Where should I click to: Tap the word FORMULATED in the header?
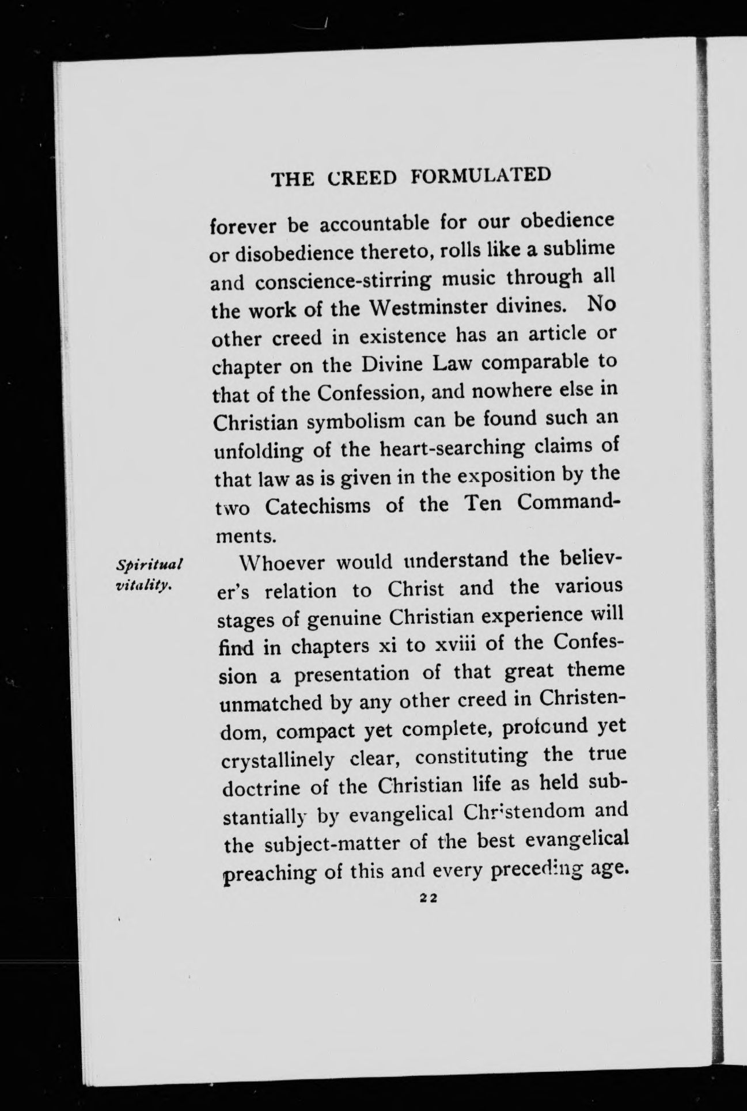pyautogui.click(x=480, y=175)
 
